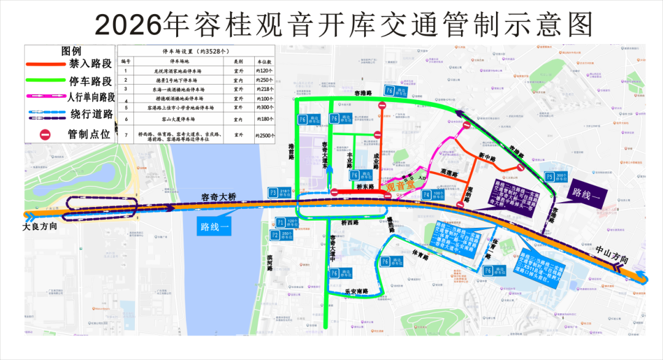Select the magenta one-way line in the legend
(45, 96)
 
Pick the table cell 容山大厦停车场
(178, 119)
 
